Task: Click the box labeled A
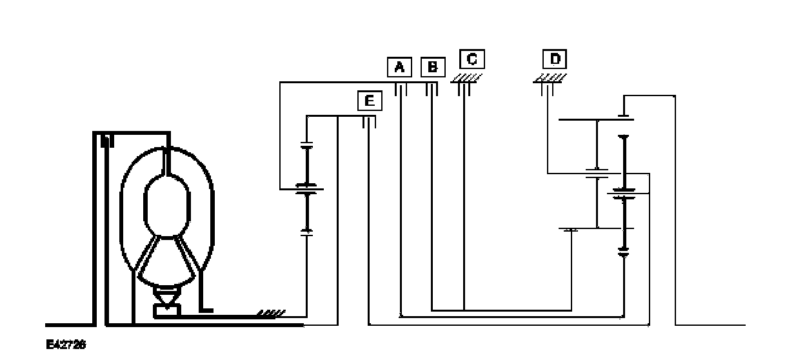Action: (399, 66)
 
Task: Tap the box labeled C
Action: (472, 59)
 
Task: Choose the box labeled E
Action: (369, 101)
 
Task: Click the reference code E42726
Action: (66, 345)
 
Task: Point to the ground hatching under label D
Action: (549, 77)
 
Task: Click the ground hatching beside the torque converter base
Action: (272, 314)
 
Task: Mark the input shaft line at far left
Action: (65, 323)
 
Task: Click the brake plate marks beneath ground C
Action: (464, 90)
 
